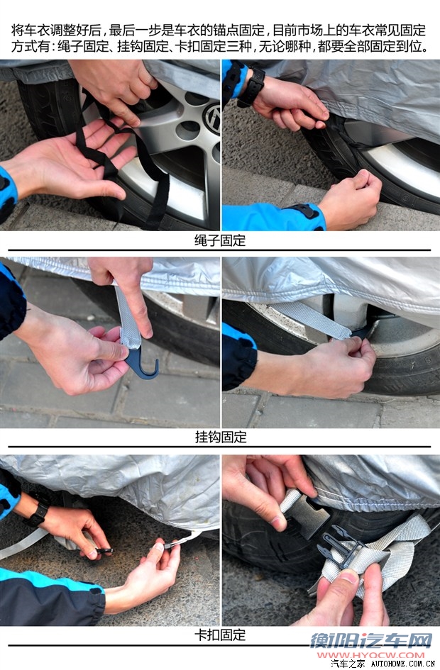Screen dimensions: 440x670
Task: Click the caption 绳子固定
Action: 220,240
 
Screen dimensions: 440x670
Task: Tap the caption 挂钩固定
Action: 221,437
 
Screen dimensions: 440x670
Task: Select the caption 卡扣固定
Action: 220,635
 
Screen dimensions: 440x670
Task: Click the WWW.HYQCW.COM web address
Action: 370,655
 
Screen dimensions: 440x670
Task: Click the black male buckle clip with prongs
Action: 339,545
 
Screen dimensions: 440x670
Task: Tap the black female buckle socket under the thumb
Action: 305,515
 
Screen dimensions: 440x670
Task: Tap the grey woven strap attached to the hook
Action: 128,317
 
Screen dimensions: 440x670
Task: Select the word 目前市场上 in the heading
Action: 304,30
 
